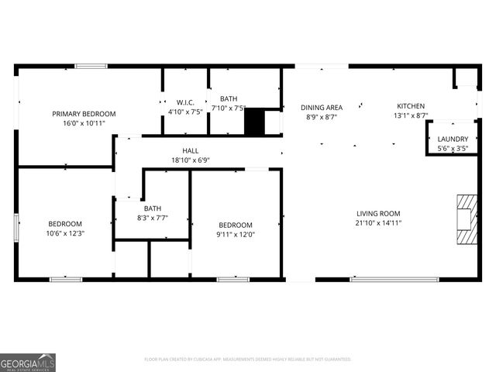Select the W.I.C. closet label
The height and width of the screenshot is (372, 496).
point(185,102)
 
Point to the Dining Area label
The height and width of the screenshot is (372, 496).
point(322,107)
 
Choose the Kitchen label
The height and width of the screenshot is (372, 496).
point(411,106)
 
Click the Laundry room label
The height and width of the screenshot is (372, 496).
point(453,139)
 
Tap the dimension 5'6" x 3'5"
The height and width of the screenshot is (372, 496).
point(453,148)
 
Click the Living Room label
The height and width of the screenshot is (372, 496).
point(378,214)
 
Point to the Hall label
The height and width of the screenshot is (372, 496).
point(191,151)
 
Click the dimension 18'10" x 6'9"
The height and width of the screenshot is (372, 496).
point(191,160)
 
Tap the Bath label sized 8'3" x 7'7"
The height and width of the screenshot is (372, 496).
point(152,208)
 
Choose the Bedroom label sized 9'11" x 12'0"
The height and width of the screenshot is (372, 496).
point(235,225)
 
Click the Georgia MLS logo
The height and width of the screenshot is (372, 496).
point(28,363)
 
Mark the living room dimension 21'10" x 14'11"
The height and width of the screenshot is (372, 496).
point(378,223)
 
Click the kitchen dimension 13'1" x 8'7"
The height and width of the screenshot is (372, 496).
point(411,116)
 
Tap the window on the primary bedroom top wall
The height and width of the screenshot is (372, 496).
point(91,67)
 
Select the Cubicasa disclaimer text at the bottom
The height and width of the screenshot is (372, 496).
point(248,360)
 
